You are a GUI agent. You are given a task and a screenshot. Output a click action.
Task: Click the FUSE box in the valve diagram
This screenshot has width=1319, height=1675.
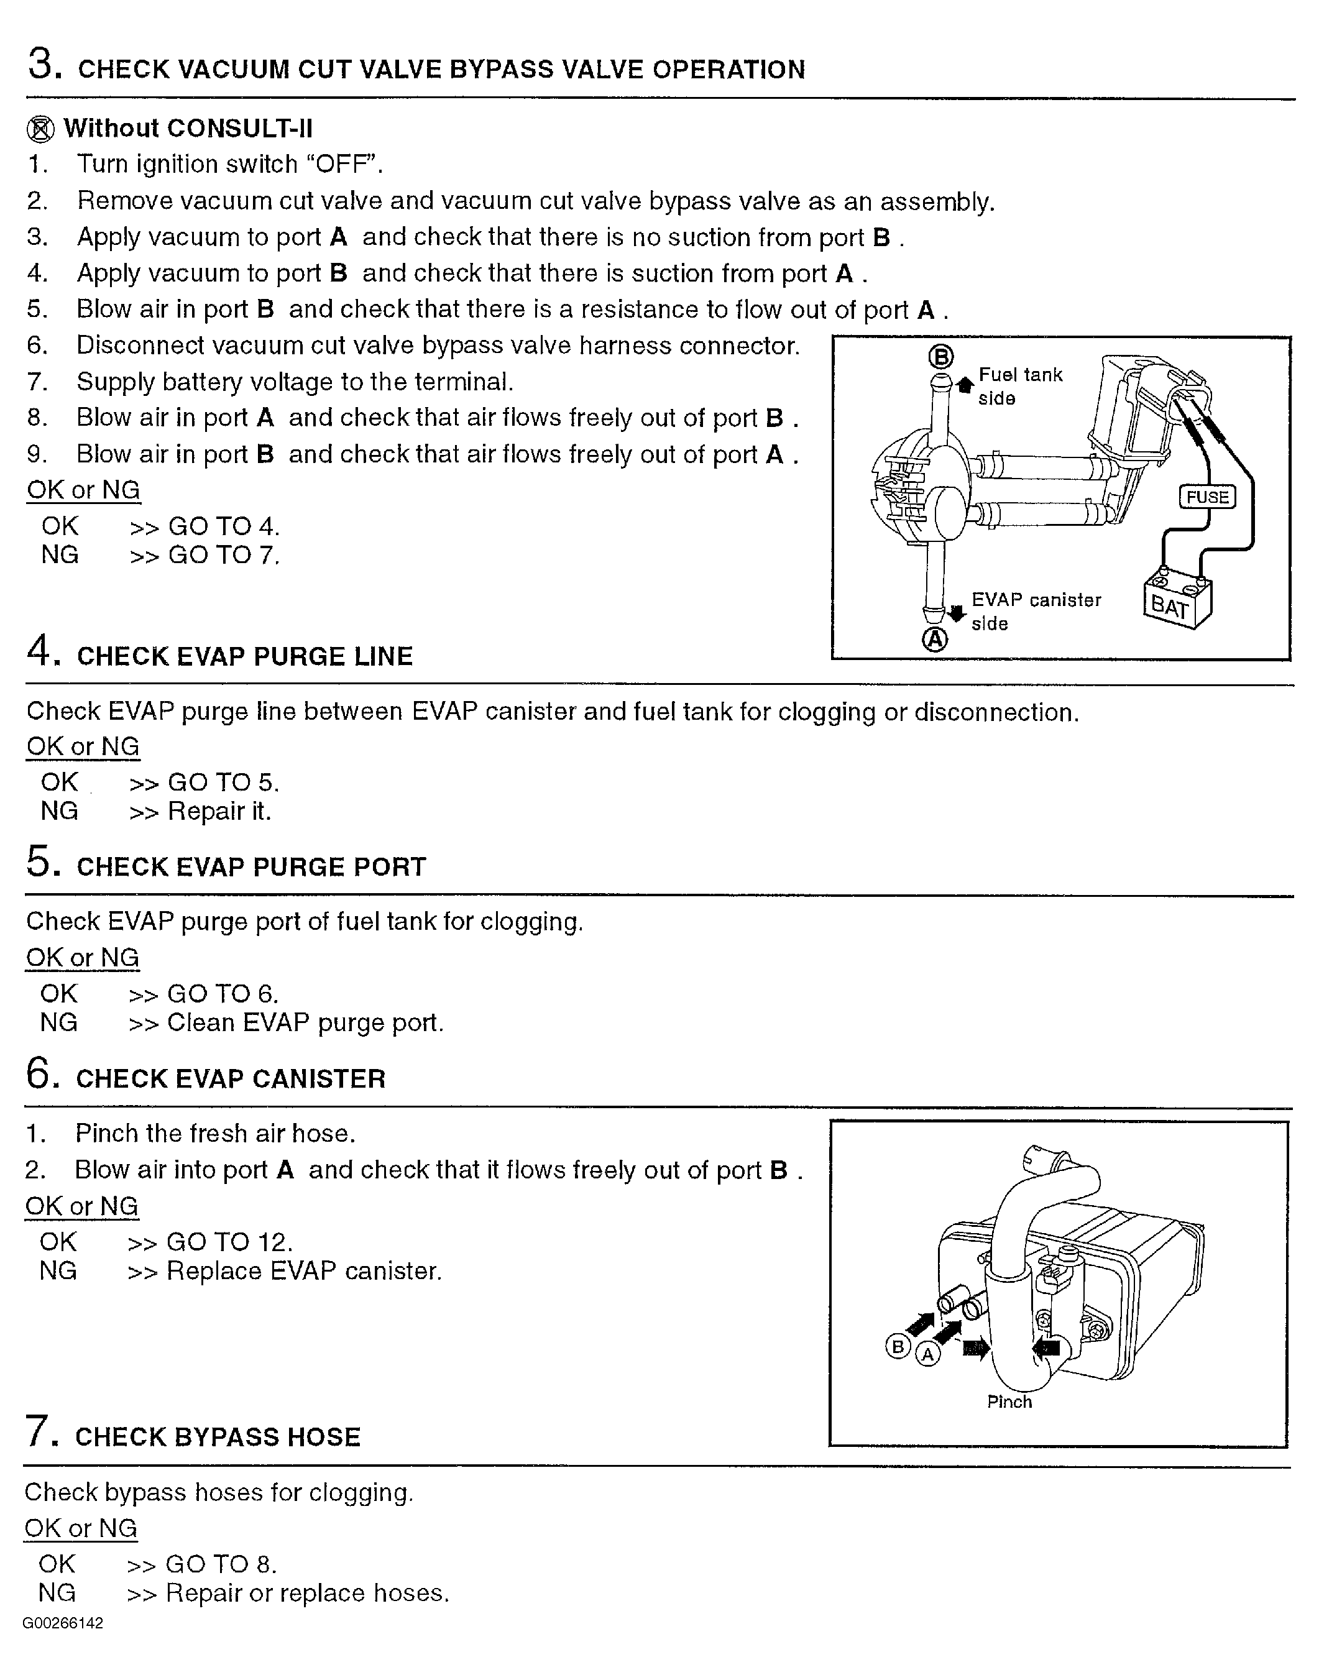click(x=1207, y=497)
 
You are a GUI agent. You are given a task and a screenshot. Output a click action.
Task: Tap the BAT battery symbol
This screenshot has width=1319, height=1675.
click(x=1176, y=599)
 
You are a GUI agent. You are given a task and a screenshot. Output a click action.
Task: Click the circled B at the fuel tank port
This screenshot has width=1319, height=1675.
click(x=940, y=357)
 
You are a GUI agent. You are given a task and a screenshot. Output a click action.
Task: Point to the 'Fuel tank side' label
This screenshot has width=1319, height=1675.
click(x=1020, y=386)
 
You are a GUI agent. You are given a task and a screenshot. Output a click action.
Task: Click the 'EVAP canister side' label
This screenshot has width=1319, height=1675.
click(x=1036, y=611)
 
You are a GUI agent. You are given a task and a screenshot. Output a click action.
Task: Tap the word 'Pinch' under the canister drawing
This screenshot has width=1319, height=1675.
click(x=1009, y=1402)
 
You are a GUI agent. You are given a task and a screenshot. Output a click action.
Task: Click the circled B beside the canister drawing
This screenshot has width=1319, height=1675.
click(x=898, y=1347)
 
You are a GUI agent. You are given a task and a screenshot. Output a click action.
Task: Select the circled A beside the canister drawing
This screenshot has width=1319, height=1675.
click(x=927, y=1354)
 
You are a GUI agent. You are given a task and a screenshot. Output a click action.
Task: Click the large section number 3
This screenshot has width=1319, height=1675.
click(x=45, y=64)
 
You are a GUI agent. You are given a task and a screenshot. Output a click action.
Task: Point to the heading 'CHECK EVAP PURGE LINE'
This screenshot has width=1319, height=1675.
click(x=245, y=656)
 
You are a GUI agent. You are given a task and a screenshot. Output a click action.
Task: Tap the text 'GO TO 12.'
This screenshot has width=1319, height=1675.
click(x=230, y=1242)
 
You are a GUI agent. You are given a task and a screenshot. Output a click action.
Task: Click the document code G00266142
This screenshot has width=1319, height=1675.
click(x=63, y=1623)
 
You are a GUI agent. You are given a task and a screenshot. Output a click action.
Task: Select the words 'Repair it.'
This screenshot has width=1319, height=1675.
click(x=219, y=811)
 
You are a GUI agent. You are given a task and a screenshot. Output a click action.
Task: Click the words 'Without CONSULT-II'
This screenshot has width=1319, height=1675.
click(x=188, y=128)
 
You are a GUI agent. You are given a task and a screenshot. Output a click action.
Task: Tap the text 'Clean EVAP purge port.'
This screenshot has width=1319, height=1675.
click(x=306, y=1022)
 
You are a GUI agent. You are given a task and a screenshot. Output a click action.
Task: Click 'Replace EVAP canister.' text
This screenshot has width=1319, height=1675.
click(x=305, y=1271)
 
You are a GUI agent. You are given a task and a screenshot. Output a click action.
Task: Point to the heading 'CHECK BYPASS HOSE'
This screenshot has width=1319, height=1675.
click(x=218, y=1437)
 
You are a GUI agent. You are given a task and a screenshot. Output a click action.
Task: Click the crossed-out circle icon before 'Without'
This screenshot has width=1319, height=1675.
click(x=40, y=129)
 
